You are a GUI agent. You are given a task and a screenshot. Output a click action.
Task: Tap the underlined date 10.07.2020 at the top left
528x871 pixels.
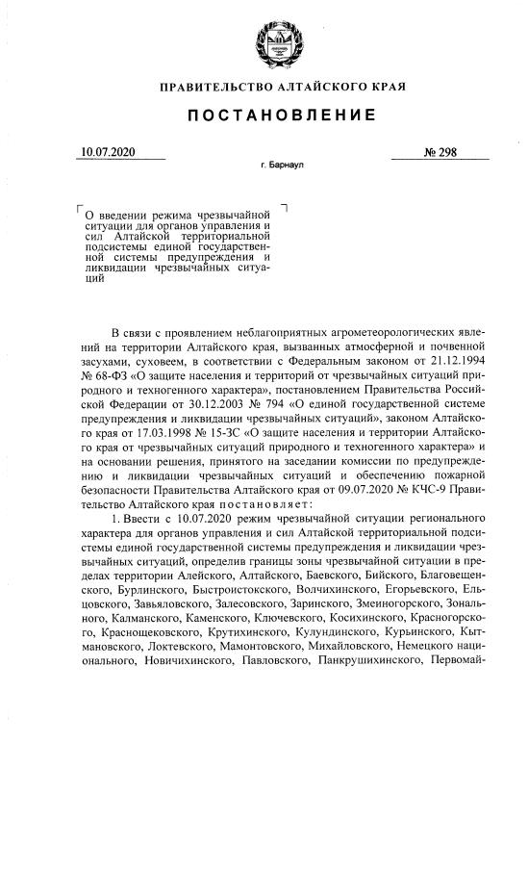(x=110, y=151)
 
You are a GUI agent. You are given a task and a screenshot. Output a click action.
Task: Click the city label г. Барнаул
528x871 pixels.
(x=282, y=166)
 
